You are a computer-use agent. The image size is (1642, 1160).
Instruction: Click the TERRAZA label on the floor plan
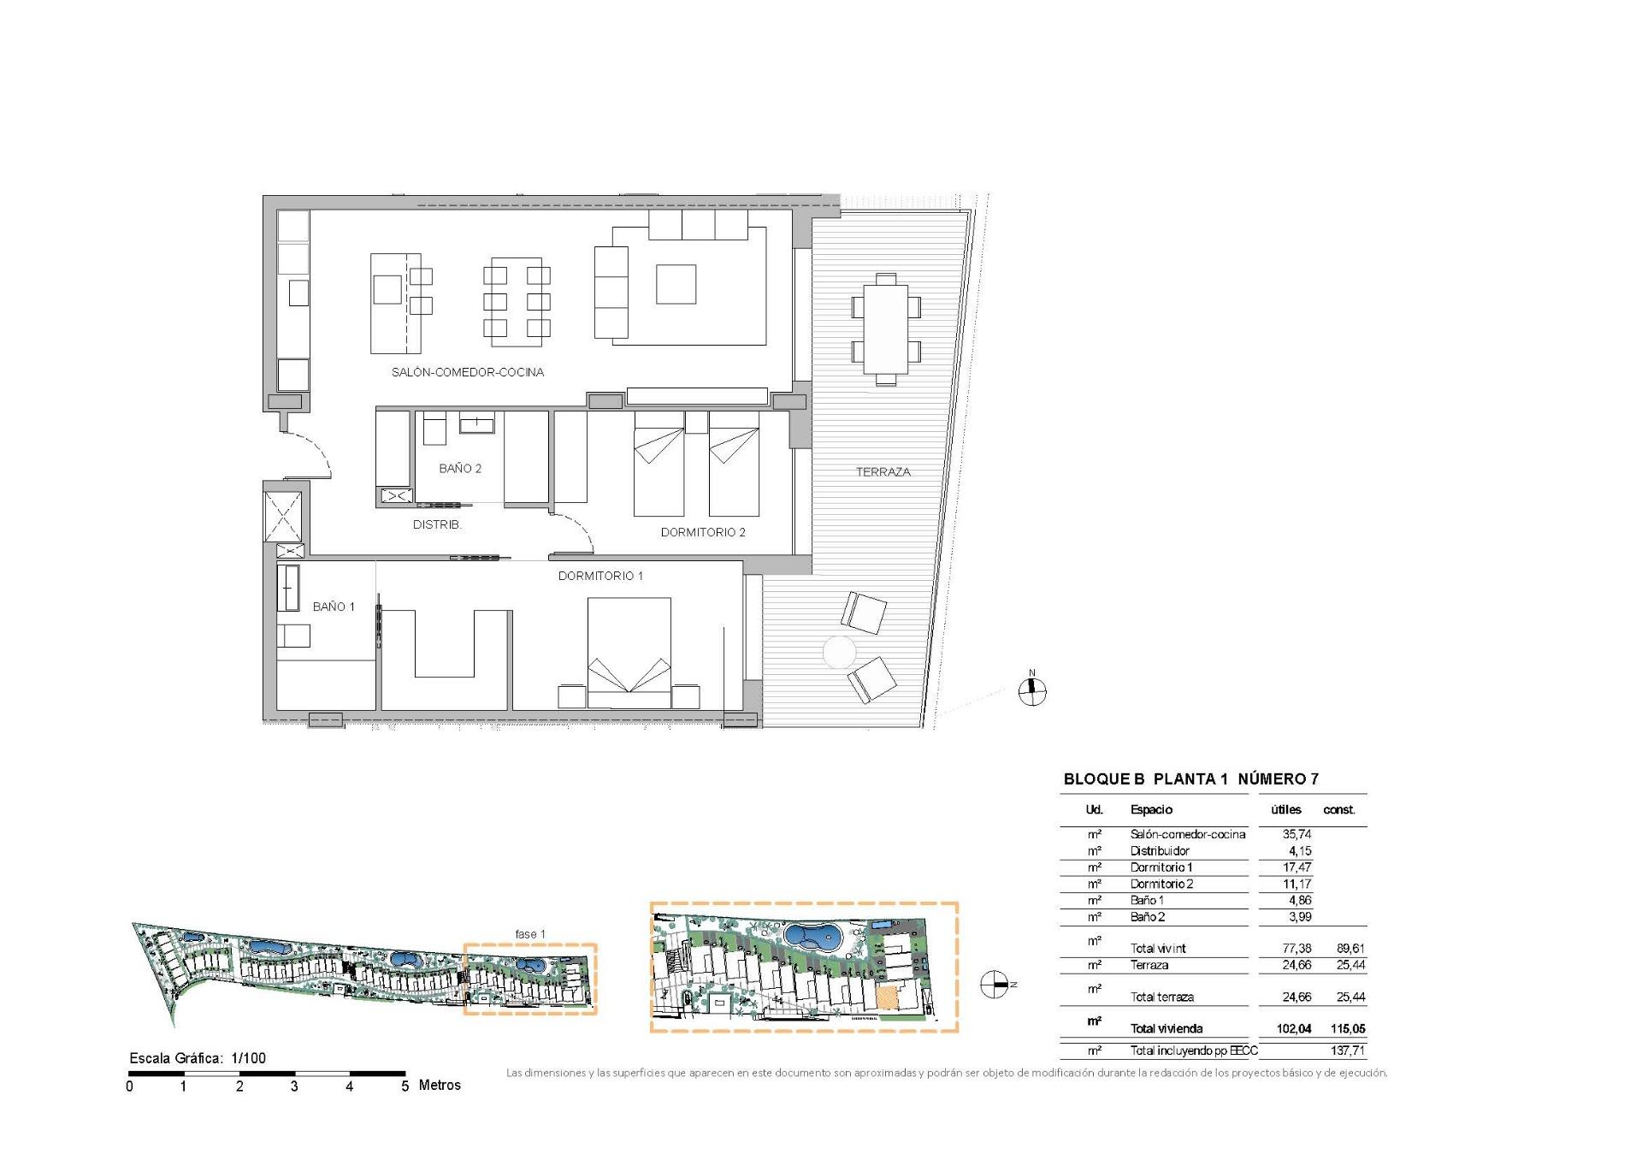point(883,472)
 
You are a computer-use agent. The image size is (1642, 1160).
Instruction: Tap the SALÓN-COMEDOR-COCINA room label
point(468,372)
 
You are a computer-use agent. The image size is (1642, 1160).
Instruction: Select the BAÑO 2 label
point(460,469)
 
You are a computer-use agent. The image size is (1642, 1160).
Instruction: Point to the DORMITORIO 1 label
point(600,576)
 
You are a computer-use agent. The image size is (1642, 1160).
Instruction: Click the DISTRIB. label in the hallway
point(437,524)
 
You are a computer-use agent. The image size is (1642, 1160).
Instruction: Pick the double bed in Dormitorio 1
point(629,652)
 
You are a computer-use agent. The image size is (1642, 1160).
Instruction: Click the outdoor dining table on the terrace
point(885,329)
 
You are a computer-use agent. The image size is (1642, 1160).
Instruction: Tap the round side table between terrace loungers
point(839,653)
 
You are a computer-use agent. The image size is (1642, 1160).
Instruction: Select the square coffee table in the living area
point(676,284)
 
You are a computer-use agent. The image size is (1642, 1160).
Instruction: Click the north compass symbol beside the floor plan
point(1032,690)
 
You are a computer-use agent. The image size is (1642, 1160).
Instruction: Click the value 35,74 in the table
point(1296,834)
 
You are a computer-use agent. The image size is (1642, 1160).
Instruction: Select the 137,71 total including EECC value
point(1347,1051)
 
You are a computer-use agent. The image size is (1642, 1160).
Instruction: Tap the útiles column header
point(1285,809)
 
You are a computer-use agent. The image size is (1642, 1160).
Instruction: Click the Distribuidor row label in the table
point(1160,850)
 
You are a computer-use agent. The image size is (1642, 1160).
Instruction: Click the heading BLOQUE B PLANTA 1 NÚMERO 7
point(1190,779)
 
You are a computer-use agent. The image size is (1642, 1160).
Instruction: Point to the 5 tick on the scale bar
point(405,1086)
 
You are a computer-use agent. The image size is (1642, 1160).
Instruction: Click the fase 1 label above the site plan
point(529,934)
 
